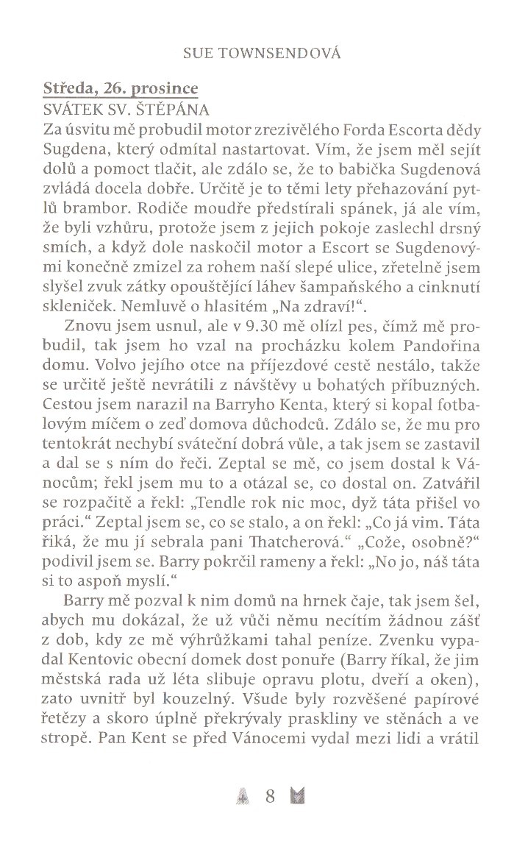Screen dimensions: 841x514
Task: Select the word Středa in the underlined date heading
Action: tap(68, 90)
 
